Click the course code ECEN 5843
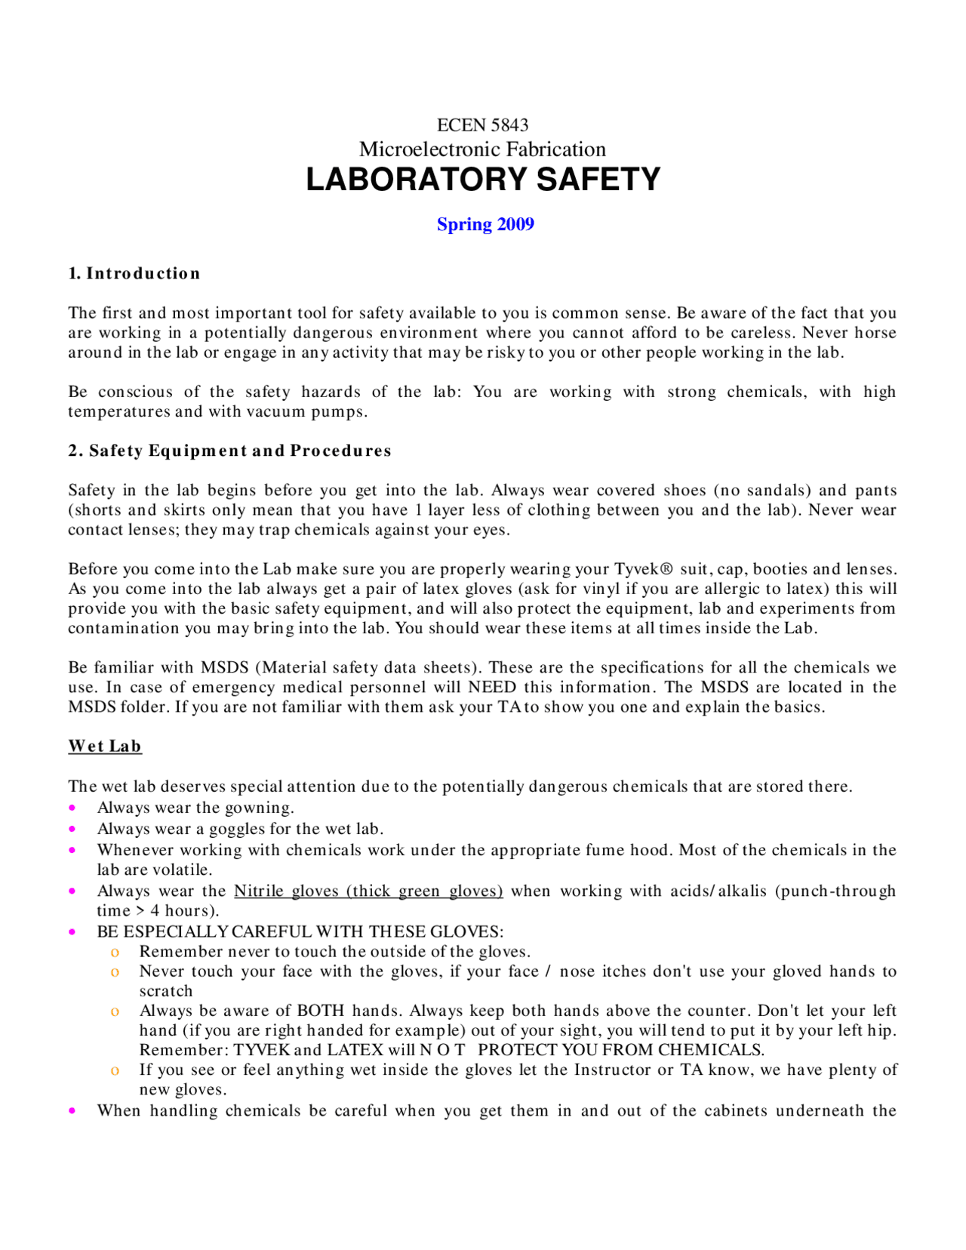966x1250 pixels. tap(482, 125)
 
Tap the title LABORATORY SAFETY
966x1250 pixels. tap(483, 180)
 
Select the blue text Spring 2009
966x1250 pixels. tap(485, 224)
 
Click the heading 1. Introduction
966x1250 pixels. tap(134, 273)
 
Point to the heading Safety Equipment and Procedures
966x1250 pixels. tap(240, 451)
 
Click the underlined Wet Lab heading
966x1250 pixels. tap(105, 746)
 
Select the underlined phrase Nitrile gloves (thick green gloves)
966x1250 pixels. tap(368, 891)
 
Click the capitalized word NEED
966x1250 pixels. tap(492, 687)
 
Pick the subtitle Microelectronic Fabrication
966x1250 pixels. tap(482, 149)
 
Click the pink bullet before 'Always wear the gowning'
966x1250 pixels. tap(72, 808)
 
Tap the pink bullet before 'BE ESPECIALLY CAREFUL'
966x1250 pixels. tap(72, 931)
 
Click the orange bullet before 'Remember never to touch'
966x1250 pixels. tap(115, 952)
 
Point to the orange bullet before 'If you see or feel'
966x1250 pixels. tap(115, 1070)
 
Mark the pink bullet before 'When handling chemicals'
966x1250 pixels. tap(72, 1111)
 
